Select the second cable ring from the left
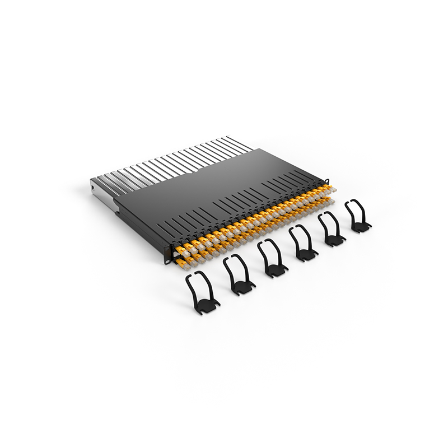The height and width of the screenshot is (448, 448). tap(239, 274)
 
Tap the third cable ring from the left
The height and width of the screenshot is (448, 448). tap(272, 259)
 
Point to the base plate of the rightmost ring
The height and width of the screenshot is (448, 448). tap(361, 227)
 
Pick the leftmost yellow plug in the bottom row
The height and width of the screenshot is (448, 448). tap(181, 259)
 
